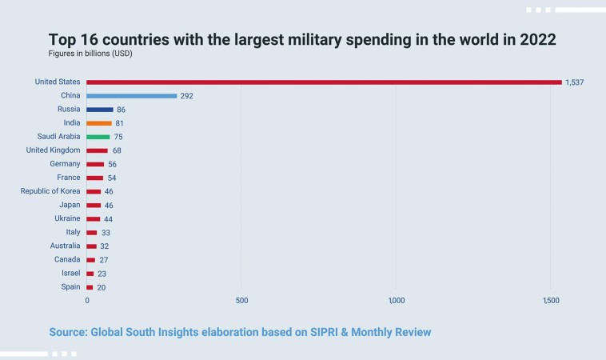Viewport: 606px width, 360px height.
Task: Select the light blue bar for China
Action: [x=132, y=95]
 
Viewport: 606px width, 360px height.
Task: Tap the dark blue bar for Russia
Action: [x=100, y=109]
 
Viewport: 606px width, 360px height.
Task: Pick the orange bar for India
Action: [x=99, y=122]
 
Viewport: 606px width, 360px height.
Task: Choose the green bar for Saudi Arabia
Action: [x=98, y=137]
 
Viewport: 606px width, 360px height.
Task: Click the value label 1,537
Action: [x=575, y=82]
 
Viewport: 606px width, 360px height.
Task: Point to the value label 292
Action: [x=187, y=96]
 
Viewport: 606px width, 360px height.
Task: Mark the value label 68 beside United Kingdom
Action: [x=118, y=150]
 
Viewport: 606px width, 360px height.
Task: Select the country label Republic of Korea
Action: [x=50, y=191]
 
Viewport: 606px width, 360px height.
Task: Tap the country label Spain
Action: [x=70, y=286]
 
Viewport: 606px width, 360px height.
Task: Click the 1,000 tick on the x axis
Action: [x=397, y=301]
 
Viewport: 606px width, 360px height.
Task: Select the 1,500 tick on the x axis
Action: [x=550, y=301]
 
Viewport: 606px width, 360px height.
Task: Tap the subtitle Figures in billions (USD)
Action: [x=95, y=54]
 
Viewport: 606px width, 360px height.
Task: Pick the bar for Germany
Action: [x=95, y=164]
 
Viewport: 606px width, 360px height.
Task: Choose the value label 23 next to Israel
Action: [x=102, y=274]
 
